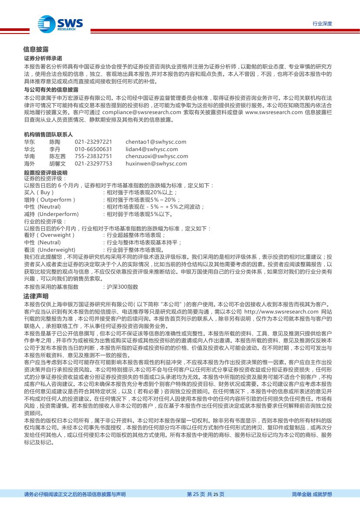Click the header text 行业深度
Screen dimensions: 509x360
322,24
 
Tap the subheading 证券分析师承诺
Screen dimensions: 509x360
43,58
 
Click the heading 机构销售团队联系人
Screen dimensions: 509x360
48,135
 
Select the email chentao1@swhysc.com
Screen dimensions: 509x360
155,142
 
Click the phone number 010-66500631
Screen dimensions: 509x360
93,149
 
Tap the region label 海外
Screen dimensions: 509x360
30,164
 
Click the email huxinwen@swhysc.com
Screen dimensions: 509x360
156,164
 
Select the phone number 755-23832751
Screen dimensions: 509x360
93,156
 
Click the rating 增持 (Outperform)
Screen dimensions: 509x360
50,199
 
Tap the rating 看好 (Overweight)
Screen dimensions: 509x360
49,235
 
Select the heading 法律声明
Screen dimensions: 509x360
36,296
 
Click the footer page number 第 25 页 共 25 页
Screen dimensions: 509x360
205,494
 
